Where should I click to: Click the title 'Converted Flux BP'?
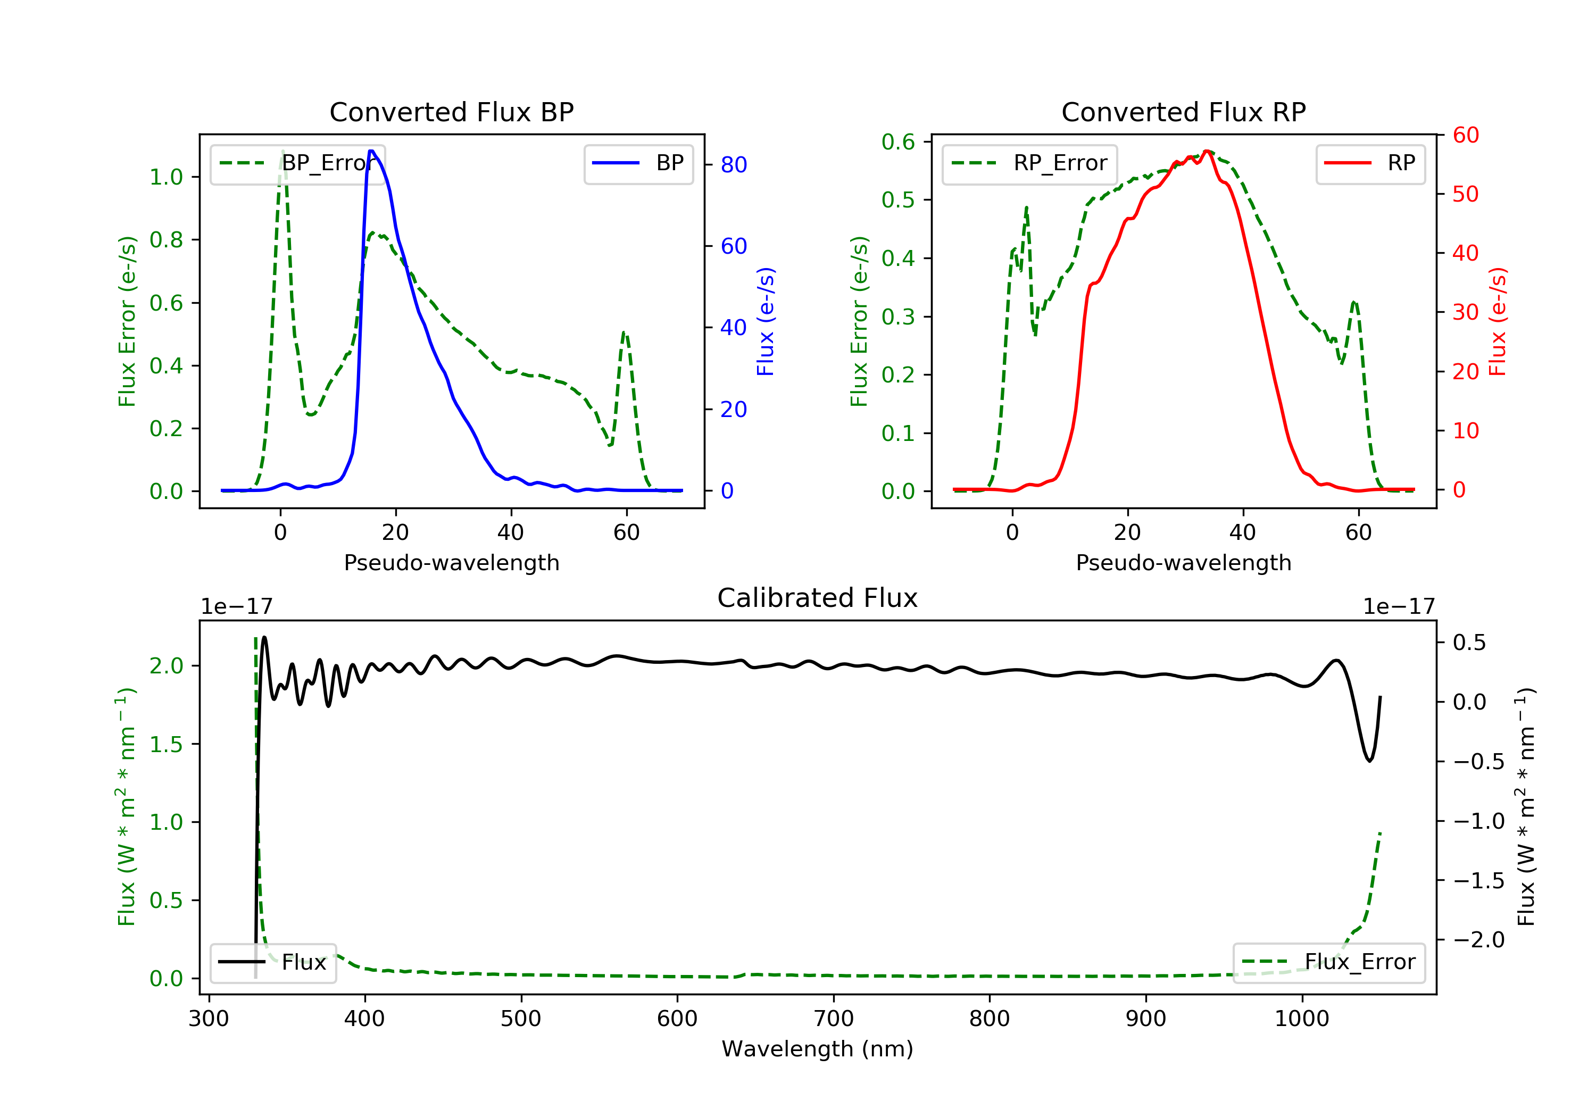pos(451,112)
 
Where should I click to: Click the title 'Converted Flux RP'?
pos(1183,112)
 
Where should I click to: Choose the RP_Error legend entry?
pos(1029,163)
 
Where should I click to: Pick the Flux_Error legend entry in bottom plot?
pos(1329,962)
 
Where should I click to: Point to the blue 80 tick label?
pos(733,165)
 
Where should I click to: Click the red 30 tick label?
pos(1465,312)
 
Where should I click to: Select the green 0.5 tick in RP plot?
pos(897,200)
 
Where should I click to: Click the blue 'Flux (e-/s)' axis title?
pos(766,321)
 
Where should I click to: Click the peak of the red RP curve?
pos(1208,151)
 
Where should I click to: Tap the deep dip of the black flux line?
pos(1369,761)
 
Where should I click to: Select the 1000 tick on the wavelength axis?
pos(1301,1019)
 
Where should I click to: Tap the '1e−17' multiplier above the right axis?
pos(1399,607)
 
